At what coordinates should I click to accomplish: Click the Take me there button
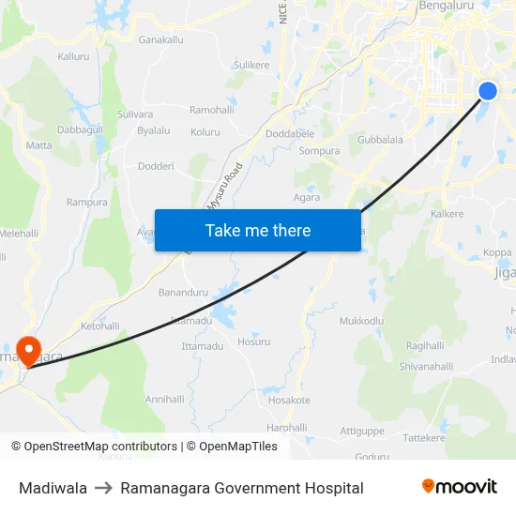[258, 230]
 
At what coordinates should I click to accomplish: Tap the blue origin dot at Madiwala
[488, 91]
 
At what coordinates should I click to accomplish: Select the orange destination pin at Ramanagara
[29, 351]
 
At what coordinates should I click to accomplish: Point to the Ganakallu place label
[160, 40]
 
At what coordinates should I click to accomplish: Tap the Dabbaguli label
[79, 129]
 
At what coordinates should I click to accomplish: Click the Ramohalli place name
[211, 110]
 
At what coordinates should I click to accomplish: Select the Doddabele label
[290, 134]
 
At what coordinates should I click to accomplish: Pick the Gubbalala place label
[380, 140]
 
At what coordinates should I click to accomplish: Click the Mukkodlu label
[361, 321]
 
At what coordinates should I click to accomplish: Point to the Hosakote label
[289, 400]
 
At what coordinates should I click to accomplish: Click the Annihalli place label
[165, 399]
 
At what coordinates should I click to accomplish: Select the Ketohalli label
[100, 326]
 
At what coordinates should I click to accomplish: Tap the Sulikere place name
[251, 65]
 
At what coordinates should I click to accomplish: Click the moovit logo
[460, 487]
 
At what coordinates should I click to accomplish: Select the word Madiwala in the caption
[53, 488]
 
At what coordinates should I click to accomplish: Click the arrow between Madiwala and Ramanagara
[104, 488]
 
